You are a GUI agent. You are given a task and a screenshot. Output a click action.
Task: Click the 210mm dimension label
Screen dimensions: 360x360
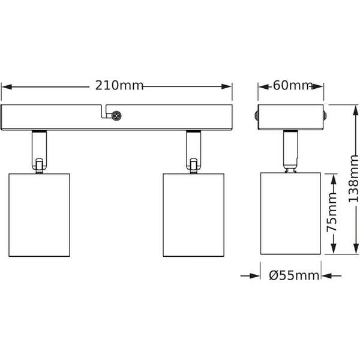[x=119, y=85]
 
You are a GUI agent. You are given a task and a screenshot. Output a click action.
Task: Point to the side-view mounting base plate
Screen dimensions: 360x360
[x=291, y=118]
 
